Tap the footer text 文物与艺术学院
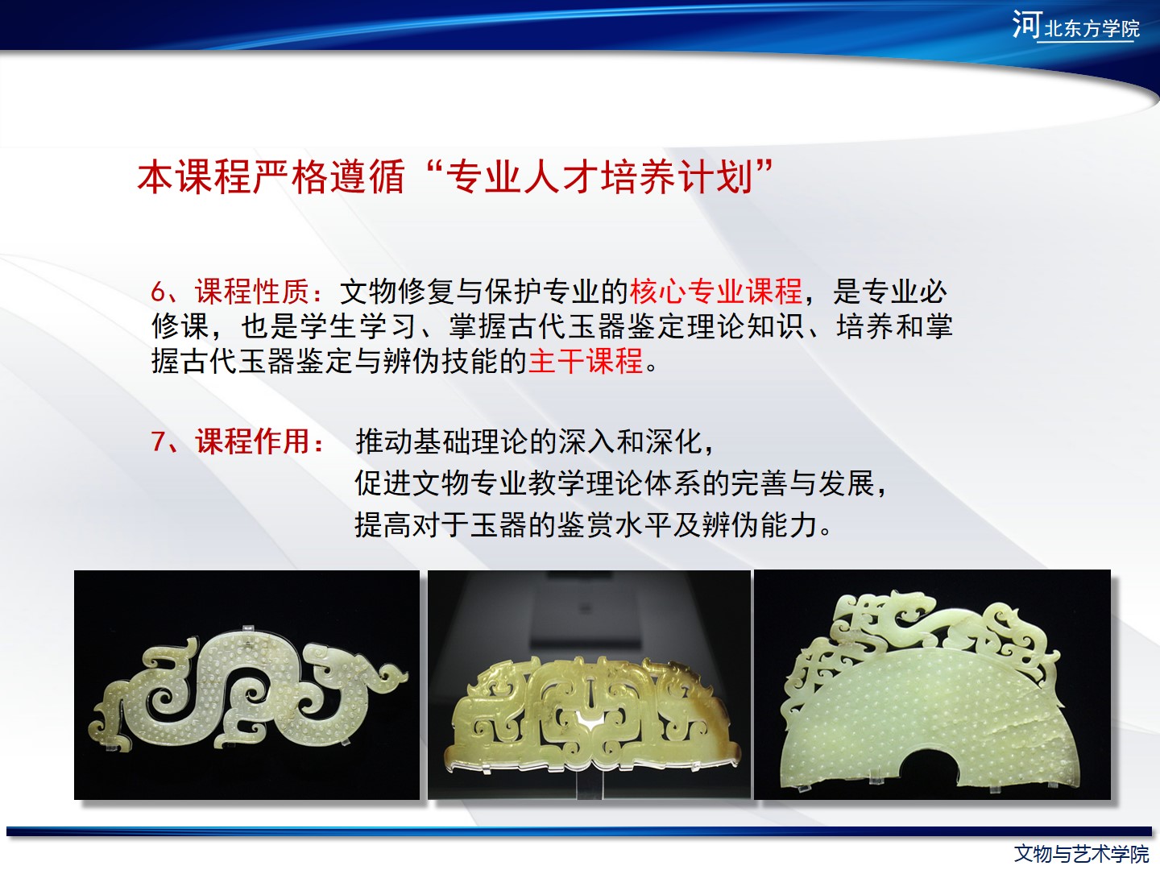point(1082,854)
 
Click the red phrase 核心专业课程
point(716,291)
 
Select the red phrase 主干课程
point(586,361)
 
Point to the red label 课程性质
point(252,291)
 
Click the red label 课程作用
point(252,441)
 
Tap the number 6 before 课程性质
point(158,292)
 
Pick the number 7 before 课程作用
point(158,441)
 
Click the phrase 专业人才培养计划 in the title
point(600,177)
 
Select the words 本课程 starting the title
point(195,177)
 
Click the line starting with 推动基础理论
point(534,441)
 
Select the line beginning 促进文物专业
point(620,483)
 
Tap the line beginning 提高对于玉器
point(593,524)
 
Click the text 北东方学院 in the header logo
point(1092,27)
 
